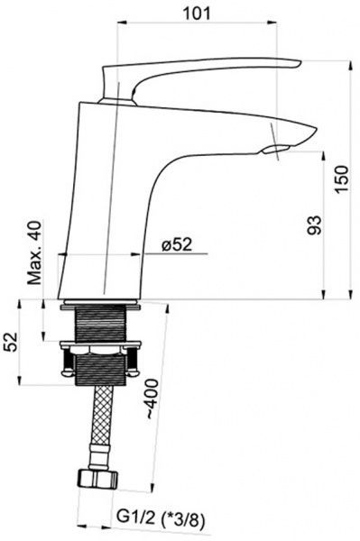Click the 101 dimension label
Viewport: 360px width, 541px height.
196,14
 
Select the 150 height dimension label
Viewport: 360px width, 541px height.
342,179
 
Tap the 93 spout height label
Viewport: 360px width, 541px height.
315,225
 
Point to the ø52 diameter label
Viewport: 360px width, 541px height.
176,245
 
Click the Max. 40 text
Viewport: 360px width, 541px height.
34,252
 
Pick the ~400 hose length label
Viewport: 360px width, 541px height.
152,399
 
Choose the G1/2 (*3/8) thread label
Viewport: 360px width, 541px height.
161,518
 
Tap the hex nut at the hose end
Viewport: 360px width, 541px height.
97,479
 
